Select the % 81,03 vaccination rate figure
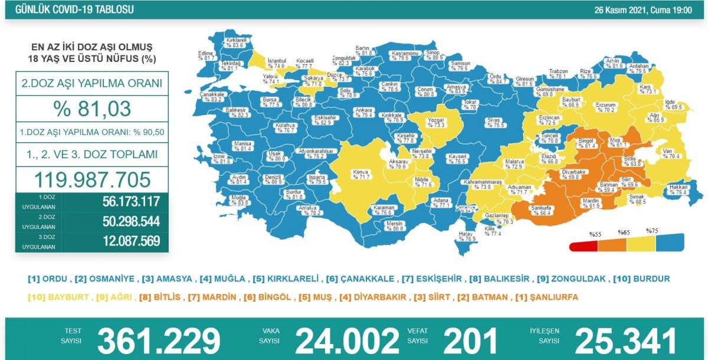pos(91,109)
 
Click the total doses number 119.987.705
pos(91,179)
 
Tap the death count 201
pos(470,341)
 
